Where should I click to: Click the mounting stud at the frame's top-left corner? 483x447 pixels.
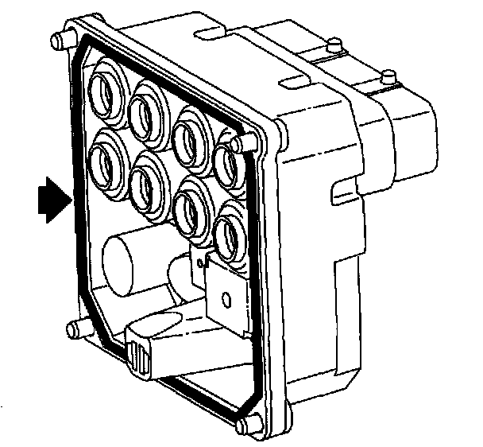click(57, 41)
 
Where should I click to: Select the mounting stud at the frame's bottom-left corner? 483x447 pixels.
click(76, 327)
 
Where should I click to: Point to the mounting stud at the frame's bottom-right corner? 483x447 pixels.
click(249, 426)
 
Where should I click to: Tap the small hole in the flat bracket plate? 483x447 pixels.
click(226, 300)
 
